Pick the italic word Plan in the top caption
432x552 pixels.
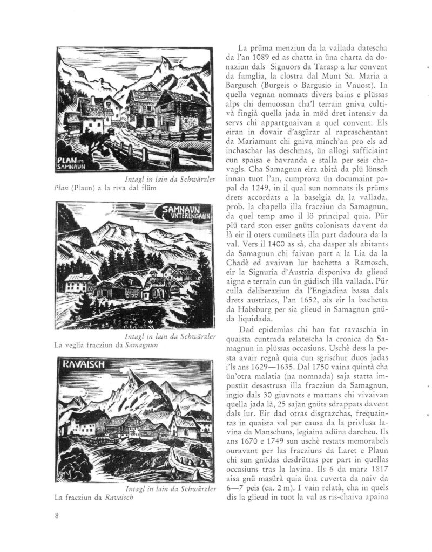tap(63, 189)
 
